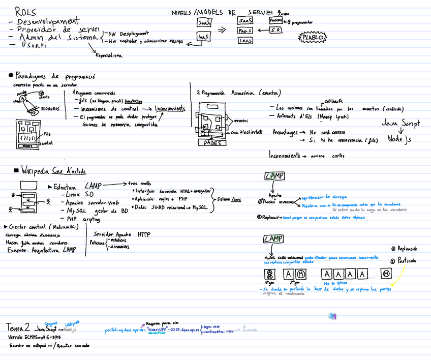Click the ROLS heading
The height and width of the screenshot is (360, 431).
pyautogui.click(x=25, y=11)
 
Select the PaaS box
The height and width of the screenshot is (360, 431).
pyautogui.click(x=245, y=31)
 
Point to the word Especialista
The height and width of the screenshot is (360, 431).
pyautogui.click(x=109, y=55)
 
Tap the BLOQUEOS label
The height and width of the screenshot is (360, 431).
pyautogui.click(x=50, y=108)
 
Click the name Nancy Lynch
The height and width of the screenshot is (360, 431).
pyautogui.click(x=332, y=116)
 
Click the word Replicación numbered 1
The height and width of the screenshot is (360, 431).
pyautogui.click(x=407, y=249)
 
